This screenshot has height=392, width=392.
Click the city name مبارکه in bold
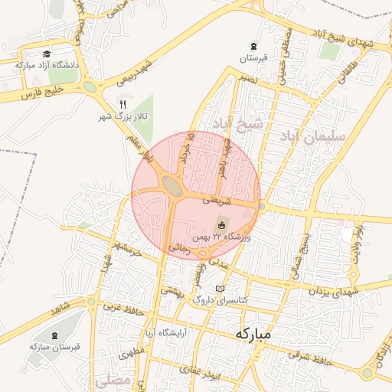253,334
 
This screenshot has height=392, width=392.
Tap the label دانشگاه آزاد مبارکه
47,66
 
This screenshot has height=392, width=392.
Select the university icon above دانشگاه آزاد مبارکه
47,54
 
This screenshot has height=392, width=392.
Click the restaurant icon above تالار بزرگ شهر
122,104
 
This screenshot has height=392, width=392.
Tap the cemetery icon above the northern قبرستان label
253,46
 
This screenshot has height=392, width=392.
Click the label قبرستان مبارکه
55,347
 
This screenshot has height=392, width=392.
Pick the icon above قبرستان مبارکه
55,335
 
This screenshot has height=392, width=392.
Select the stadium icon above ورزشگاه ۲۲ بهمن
221,225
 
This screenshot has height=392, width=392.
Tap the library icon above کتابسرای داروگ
221,289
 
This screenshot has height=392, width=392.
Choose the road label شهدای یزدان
335,291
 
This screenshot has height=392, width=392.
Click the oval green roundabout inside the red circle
172,186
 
